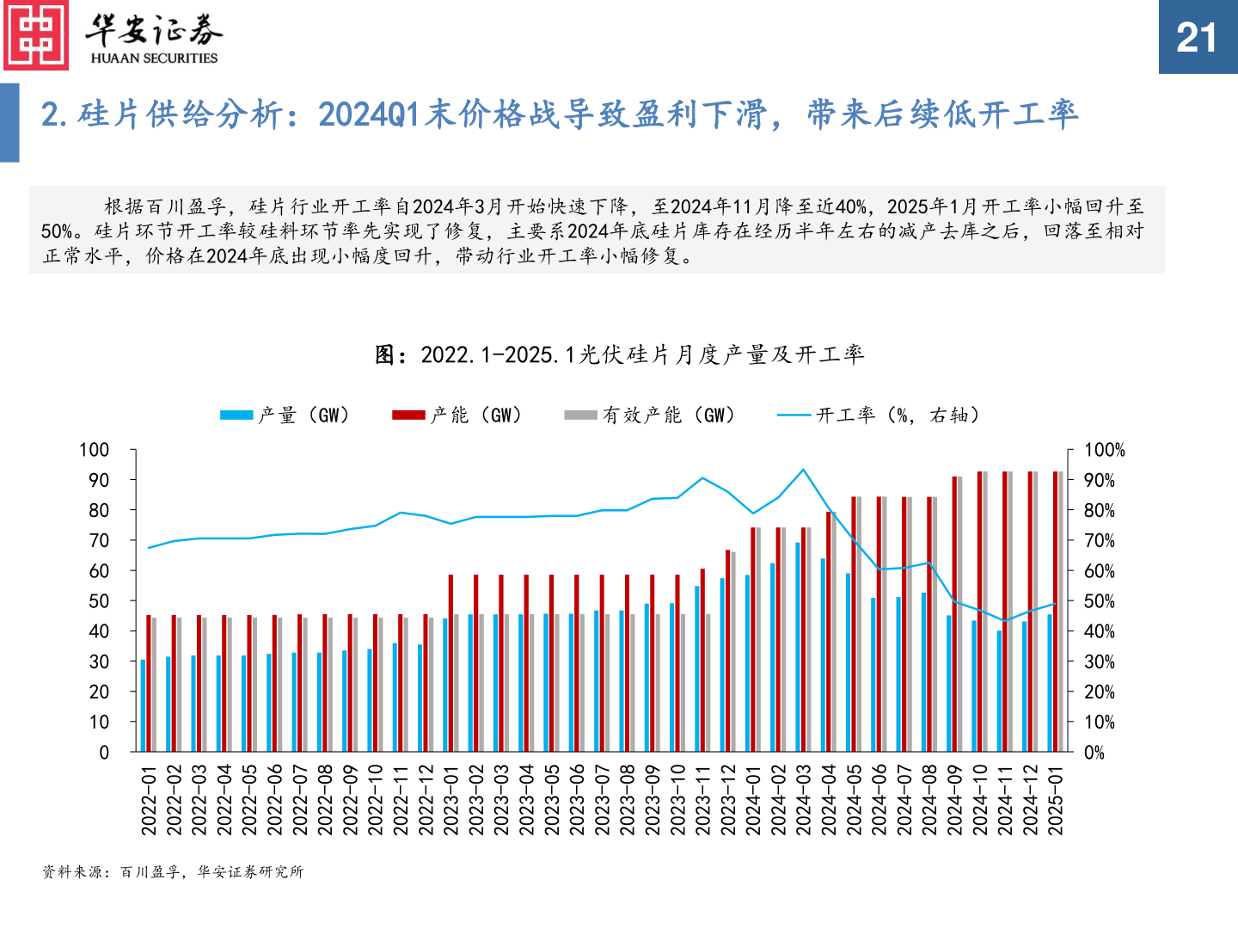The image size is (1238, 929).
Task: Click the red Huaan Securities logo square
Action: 36,35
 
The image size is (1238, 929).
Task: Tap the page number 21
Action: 1197,38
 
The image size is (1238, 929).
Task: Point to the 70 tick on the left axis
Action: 99,541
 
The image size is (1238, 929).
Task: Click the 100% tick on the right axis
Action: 1104,450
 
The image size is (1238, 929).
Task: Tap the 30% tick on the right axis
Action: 1099,662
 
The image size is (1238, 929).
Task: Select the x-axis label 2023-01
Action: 451,800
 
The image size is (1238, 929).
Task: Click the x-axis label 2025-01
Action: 1056,800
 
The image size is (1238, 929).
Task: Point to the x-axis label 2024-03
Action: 804,800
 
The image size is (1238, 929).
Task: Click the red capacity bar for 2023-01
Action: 450,662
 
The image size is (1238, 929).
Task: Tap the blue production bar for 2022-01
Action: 143,705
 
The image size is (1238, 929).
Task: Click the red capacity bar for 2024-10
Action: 980,611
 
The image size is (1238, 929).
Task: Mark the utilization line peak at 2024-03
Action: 804,470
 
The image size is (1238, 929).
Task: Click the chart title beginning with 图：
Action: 619,354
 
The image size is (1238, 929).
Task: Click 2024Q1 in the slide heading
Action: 370,114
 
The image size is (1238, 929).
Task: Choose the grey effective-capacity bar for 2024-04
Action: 834,632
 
